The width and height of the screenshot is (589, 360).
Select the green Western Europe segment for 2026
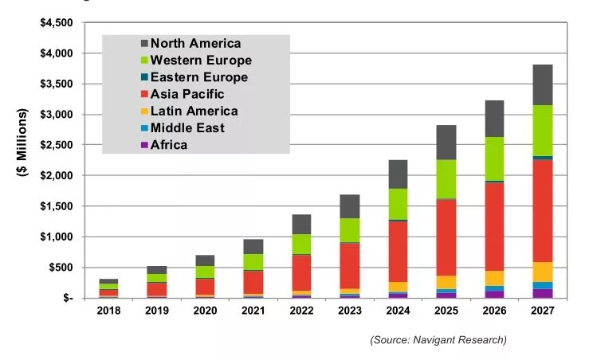(495, 158)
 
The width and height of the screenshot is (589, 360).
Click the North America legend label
(195, 43)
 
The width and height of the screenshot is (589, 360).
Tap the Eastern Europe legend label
(199, 77)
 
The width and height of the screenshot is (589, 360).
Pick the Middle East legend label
(187, 127)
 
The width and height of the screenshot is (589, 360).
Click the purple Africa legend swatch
(144, 145)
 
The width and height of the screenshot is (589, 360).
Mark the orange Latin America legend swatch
(144, 112)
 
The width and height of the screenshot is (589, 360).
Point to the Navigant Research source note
(438, 340)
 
